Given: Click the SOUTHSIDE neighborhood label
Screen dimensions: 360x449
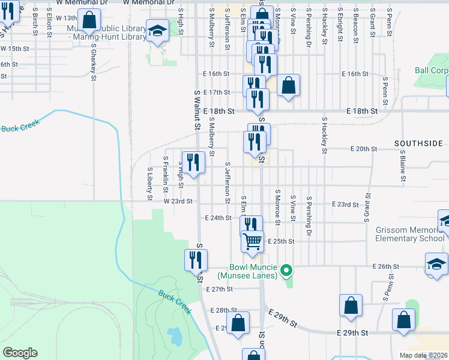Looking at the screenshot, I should click(x=418, y=143).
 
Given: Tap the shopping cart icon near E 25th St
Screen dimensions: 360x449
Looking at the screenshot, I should click(x=253, y=241).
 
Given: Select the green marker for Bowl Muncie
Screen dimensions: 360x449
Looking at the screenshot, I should click(x=286, y=271).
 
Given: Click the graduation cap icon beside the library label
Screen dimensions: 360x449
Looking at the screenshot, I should click(x=157, y=32).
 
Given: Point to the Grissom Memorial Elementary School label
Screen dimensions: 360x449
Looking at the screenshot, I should click(x=410, y=234).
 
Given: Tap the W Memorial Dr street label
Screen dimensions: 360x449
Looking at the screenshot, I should click(x=82, y=2).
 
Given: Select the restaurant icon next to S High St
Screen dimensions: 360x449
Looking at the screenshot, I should click(x=193, y=163).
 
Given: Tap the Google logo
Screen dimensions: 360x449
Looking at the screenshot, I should click(x=20, y=353).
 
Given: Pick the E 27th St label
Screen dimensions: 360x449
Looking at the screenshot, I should click(x=218, y=289).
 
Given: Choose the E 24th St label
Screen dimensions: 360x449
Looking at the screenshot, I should click(x=218, y=218).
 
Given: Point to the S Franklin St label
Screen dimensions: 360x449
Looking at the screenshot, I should click(x=166, y=175).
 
